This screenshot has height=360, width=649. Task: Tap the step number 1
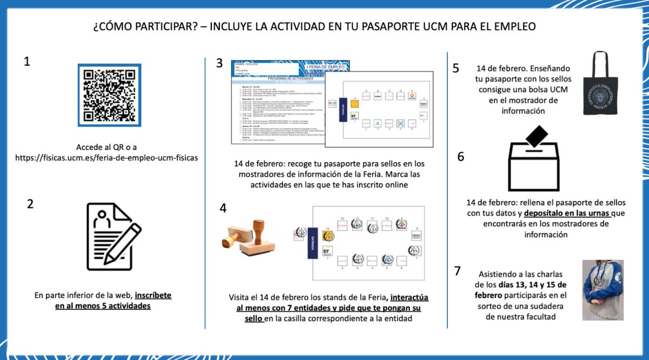[x=27, y=62]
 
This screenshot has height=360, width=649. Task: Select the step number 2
[x=30, y=204]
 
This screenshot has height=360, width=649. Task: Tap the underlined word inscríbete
[x=153, y=296]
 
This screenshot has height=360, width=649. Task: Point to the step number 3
[x=219, y=63]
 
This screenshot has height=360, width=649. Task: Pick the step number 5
[x=455, y=68]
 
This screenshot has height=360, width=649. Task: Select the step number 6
[x=460, y=157]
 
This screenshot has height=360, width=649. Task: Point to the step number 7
[x=458, y=270]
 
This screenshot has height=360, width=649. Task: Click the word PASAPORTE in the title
[x=428, y=26]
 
